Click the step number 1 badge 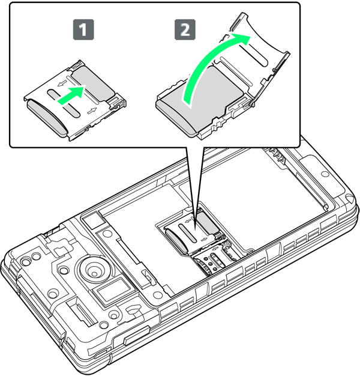tap(83, 30)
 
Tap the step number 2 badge tap(185, 30)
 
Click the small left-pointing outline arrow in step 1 tap(62, 83)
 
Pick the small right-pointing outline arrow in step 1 tap(92, 111)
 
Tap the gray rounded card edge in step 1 tap(47, 118)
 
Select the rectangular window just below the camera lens tap(110, 290)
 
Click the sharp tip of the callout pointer tap(195, 226)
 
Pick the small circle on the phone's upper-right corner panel tap(325, 174)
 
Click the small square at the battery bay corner tap(93, 220)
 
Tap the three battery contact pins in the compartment tap(278, 156)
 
